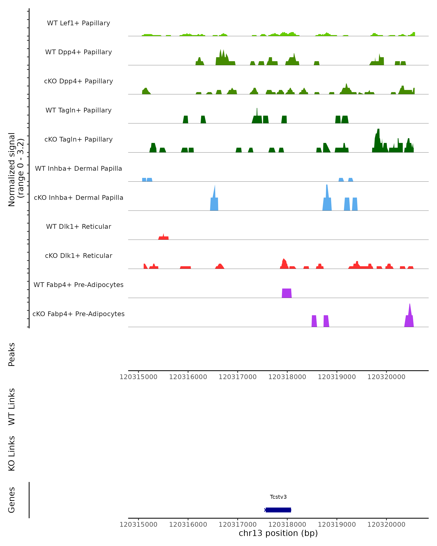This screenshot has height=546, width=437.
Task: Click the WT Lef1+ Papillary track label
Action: click(78, 23)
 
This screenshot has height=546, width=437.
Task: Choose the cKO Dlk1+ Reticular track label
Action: click(78, 256)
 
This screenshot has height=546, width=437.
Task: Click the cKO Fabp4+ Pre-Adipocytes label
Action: click(78, 314)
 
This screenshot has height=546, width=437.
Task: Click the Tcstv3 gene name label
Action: click(278, 497)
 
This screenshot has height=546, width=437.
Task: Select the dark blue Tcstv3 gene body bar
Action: click(278, 510)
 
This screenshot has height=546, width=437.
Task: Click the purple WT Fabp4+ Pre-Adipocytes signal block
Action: click(287, 293)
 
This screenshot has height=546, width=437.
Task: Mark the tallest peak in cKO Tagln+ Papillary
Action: click(378, 139)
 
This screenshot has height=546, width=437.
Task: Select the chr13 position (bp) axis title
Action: click(278, 533)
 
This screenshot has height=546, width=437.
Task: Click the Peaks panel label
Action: click(11, 354)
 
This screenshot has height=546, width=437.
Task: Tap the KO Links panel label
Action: click(11, 453)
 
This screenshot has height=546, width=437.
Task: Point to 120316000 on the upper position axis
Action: click(188, 377)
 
